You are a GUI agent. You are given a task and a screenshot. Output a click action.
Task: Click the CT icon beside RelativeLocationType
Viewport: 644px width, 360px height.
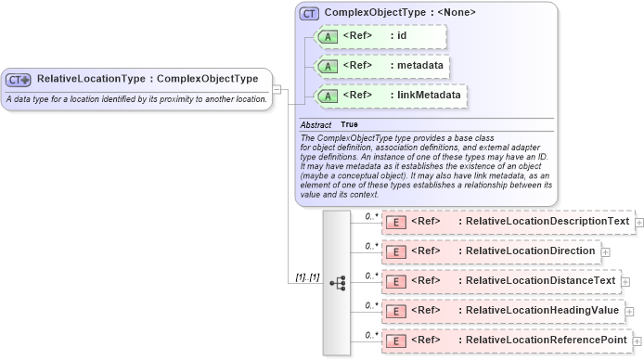19,80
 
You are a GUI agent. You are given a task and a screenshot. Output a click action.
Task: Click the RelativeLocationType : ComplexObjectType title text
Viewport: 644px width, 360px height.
148,79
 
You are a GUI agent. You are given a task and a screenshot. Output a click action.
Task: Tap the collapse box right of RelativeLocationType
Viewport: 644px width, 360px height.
277,89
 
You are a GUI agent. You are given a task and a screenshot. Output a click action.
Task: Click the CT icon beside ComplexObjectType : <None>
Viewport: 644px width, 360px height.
309,15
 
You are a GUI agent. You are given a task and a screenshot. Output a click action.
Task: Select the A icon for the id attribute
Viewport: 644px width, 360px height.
327,37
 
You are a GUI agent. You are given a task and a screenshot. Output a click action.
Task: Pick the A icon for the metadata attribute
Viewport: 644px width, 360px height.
327,66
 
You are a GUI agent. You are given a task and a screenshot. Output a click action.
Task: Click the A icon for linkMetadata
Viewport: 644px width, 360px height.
327,96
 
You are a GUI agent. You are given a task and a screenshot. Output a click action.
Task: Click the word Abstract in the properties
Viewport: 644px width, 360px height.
316,124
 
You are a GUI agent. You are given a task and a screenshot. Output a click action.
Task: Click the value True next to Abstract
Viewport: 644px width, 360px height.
349,124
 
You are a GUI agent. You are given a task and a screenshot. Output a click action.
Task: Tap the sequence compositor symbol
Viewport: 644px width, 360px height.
337,282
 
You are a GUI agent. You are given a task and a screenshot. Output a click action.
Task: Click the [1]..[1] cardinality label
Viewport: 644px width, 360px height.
307,277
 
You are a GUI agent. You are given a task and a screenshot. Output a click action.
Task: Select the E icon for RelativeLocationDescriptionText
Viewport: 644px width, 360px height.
394,223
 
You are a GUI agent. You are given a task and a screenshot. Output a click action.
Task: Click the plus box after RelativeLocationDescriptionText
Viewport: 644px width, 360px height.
639,223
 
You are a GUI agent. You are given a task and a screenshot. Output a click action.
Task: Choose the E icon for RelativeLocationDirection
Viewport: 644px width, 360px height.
394,251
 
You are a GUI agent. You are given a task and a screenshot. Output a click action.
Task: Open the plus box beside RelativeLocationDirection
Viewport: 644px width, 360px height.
605,251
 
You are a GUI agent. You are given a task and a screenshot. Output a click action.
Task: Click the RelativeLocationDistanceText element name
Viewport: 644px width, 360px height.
540,281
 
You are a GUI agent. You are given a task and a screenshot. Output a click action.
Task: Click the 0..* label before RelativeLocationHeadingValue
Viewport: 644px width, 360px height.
371,305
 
